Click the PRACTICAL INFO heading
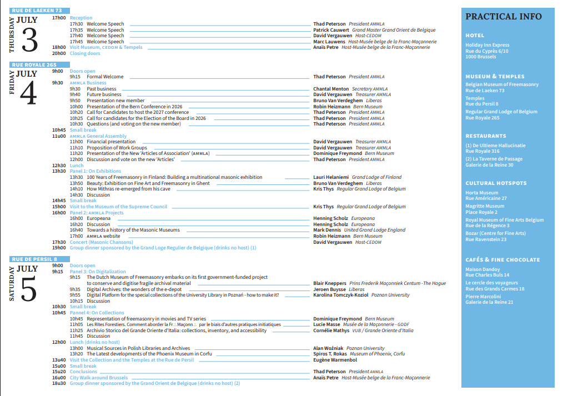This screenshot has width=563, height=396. (x=503, y=17)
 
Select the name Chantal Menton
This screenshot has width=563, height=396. (x=331, y=89)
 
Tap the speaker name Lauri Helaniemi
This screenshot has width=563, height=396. (x=331, y=177)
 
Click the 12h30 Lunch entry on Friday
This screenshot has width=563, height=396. (x=77, y=166)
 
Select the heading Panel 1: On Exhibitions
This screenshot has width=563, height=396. (x=95, y=171)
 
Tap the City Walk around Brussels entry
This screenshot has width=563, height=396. (x=98, y=378)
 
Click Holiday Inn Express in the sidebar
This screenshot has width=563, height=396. (x=487, y=45)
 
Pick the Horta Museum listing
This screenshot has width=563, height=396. (x=481, y=193)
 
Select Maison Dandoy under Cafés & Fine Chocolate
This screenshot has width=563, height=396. (x=482, y=269)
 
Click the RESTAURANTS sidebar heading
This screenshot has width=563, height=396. (x=485, y=136)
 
